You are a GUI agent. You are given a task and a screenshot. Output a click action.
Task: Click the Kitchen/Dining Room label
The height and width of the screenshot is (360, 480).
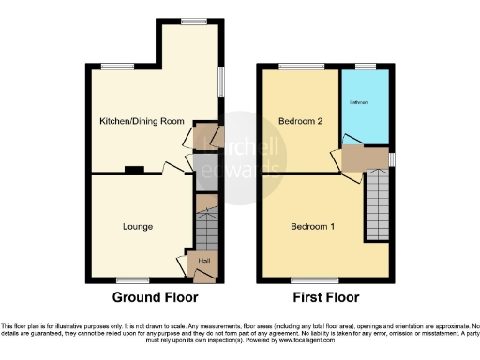point(141,121)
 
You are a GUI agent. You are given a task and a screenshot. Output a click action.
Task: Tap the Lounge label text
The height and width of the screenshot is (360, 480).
point(138,226)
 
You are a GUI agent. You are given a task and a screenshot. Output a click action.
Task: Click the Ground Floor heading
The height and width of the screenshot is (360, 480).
point(155,297)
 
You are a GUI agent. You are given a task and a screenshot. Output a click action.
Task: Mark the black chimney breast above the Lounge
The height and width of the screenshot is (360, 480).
point(135,170)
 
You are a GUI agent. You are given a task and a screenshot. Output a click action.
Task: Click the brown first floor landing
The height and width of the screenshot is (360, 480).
point(364,158)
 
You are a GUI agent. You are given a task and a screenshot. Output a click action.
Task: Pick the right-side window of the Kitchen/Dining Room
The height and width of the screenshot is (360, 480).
point(223,81)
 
